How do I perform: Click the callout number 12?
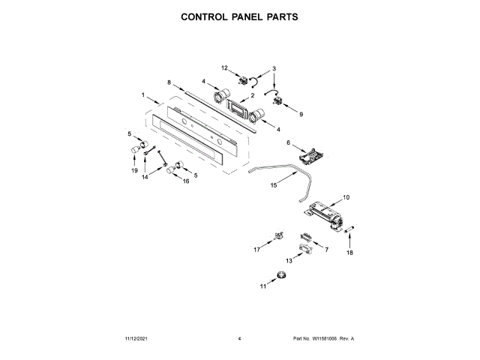click(x=223, y=68)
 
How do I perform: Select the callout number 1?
click(x=142, y=94)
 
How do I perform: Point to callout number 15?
click(x=273, y=184)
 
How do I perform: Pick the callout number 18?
click(x=348, y=253)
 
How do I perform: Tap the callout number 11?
click(x=263, y=286)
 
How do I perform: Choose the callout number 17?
click(x=256, y=249)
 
